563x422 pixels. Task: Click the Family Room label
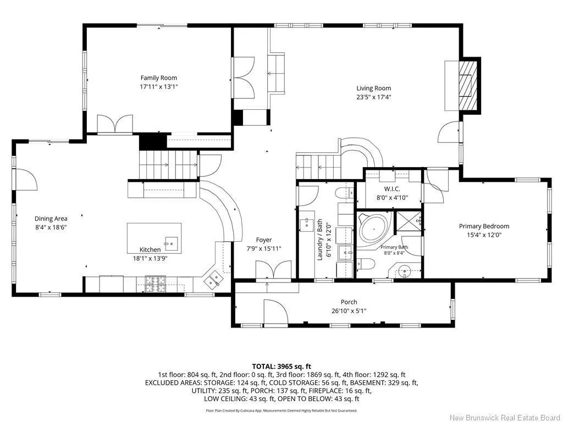point(159,77)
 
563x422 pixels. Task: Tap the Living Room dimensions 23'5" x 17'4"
point(373,97)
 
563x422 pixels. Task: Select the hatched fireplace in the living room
point(468,85)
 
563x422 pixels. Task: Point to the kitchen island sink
point(172,243)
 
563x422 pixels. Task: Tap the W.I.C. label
point(392,189)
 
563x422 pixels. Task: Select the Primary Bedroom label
point(484,226)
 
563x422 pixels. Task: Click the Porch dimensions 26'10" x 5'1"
point(349,311)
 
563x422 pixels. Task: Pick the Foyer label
point(264,240)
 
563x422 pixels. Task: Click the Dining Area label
point(51,219)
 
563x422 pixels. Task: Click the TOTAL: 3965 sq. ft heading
point(281,367)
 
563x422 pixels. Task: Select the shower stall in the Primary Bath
point(409,223)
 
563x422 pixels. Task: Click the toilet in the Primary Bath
point(366,264)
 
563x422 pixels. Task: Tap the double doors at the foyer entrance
point(274,269)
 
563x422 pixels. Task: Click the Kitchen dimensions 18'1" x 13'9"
point(150,258)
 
